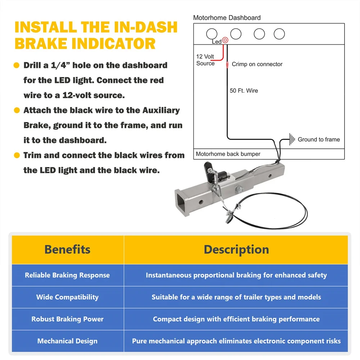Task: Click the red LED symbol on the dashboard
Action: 225,40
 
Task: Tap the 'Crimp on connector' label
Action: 257,64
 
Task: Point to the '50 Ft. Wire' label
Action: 244,91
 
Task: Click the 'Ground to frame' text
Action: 319,139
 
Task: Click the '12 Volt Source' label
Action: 205,60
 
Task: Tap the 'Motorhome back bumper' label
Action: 228,154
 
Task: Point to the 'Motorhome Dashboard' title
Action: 227,18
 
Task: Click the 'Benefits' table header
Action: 67,249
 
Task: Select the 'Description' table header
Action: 236,249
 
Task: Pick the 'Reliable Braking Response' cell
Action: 67,275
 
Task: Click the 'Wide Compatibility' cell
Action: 67,297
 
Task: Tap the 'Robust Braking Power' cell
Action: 67,319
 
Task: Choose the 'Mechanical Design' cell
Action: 67,341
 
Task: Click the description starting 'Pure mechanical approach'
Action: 236,341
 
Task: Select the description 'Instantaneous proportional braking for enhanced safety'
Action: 236,275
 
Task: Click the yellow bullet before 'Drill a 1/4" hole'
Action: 16,66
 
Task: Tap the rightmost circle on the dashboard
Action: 279,34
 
